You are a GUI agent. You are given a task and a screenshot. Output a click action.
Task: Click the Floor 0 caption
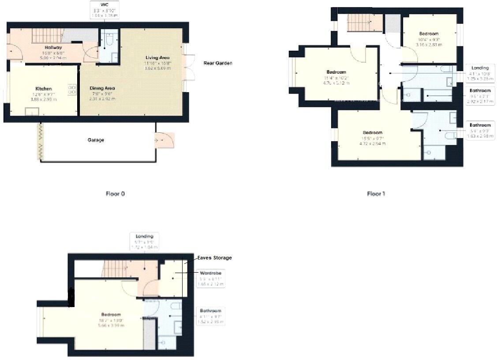click(115, 194)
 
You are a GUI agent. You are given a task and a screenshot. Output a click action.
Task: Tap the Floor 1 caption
click(376, 194)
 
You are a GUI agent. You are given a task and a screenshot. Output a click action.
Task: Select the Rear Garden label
click(217, 63)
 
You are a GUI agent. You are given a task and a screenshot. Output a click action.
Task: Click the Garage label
click(96, 140)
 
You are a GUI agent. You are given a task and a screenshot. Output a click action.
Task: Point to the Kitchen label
click(44, 89)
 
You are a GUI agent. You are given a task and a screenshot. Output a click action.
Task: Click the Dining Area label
click(102, 88)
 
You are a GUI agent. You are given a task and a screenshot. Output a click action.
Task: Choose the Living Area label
click(158, 58)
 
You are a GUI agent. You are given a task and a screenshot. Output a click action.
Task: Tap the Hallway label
click(53, 47)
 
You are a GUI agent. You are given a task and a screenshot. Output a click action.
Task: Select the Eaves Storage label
click(214, 258)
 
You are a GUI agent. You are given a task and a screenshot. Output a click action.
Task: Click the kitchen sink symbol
click(31, 112)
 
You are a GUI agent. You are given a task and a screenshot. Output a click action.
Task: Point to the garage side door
click(165, 140)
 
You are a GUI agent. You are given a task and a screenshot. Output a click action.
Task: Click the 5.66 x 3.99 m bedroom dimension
click(111, 326)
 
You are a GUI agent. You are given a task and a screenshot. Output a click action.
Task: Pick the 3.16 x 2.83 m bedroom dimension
click(429, 45)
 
